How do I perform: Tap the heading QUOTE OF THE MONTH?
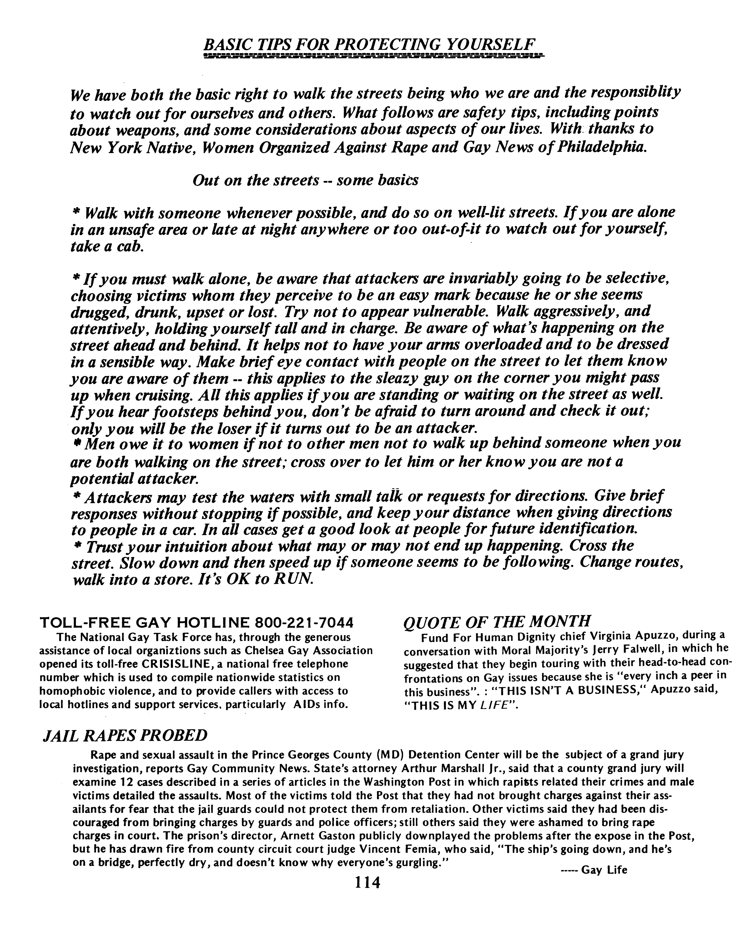click(497, 621)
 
